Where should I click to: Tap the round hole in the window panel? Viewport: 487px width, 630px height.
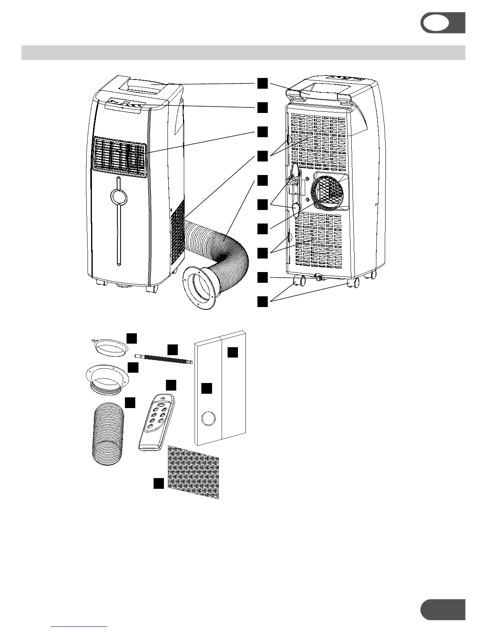tap(208, 419)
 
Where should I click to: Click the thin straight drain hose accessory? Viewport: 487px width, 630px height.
tap(164, 358)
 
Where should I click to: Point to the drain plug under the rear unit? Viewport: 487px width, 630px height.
tap(318, 277)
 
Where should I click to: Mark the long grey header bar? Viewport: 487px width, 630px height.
tap(243, 53)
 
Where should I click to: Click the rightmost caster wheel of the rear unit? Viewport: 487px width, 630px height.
tap(373, 274)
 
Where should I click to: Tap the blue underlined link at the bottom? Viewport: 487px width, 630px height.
tap(79, 626)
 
